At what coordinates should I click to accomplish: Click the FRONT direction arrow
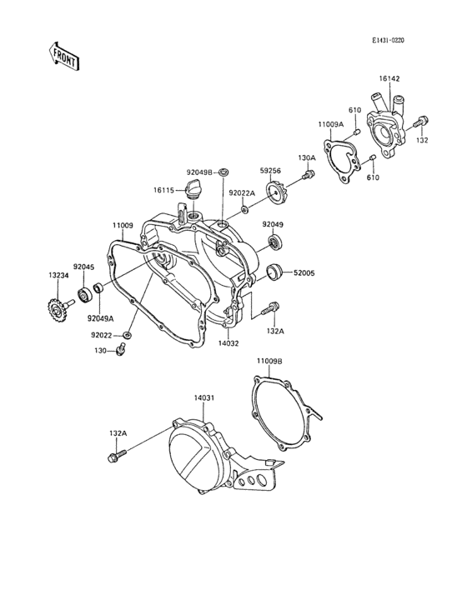click(64, 56)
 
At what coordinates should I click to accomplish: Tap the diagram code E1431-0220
click(388, 40)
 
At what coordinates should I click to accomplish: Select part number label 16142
click(389, 78)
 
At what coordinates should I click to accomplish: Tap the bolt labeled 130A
click(309, 176)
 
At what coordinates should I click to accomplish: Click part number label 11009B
click(269, 361)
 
